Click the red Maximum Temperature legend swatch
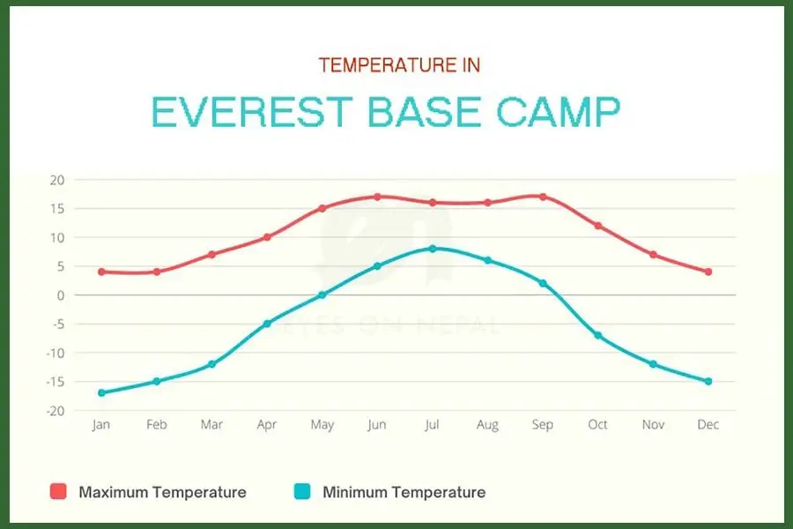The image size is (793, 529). [58, 491]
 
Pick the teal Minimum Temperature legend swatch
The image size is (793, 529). [302, 491]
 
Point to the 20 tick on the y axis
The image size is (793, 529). [57, 180]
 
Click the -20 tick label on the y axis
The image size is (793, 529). [55, 411]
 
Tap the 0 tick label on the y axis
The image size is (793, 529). [61, 295]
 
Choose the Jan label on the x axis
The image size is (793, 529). [101, 425]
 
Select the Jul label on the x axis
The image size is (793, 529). [432, 425]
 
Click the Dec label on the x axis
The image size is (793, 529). [708, 425]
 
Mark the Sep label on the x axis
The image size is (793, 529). [543, 425]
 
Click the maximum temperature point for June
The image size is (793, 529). [377, 197]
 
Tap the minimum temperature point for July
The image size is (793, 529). [432, 249]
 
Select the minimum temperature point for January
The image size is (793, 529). [101, 393]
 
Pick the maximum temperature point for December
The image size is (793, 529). [708, 272]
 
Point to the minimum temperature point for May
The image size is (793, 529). [322, 295]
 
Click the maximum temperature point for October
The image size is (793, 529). [597, 226]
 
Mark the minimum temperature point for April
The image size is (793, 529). [267, 324]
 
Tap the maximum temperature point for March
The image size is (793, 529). [211, 255]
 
